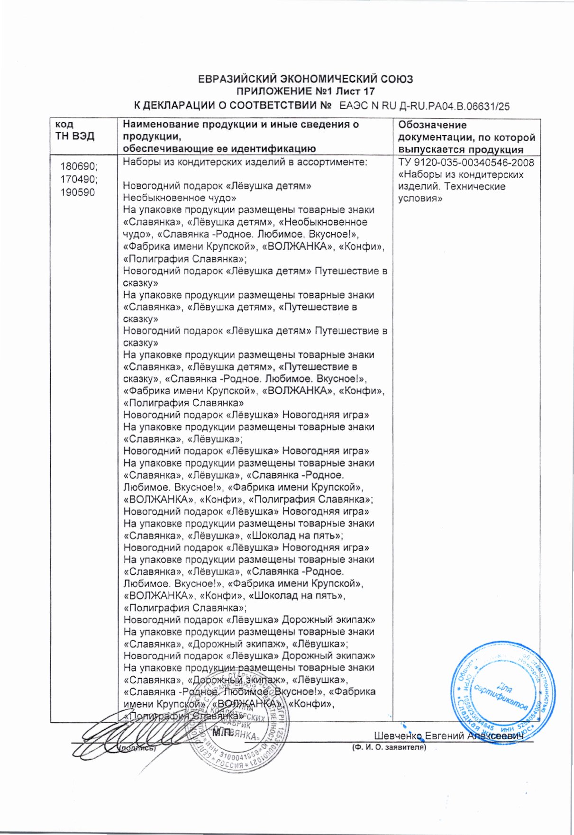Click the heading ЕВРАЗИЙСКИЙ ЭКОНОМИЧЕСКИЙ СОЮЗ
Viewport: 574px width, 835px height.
coord(305,79)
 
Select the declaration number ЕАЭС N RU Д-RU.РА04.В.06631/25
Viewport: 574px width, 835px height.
coord(424,106)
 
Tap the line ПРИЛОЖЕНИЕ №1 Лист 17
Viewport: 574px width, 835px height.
coord(305,91)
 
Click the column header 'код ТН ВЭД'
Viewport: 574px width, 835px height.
coord(75,130)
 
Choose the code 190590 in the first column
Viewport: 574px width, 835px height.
coord(77,192)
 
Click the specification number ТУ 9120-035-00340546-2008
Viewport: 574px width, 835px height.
coord(466,163)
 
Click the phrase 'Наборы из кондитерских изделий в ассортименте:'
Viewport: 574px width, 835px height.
coord(245,162)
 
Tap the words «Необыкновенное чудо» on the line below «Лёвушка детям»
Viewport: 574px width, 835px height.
coord(179,198)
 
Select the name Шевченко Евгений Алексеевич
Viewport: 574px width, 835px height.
coord(448,736)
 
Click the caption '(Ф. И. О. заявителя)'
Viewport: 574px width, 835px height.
coord(389,748)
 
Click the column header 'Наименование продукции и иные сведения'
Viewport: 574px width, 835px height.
coord(241,125)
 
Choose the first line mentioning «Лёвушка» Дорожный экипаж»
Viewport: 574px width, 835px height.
coord(249,620)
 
